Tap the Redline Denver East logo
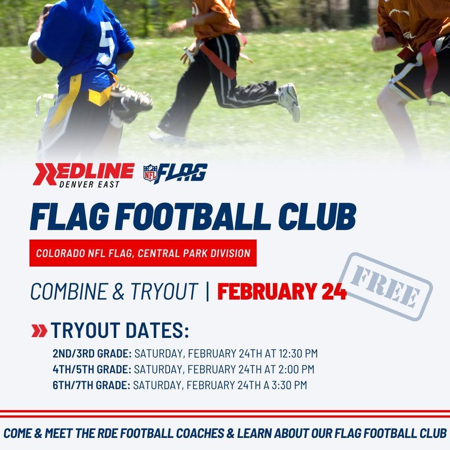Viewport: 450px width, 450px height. pos(83,174)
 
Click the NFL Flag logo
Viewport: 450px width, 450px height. pos(175,174)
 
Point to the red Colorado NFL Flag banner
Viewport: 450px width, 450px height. pos(143,253)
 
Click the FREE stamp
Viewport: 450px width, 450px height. pos(385,286)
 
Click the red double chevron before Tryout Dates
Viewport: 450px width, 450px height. pos(39,331)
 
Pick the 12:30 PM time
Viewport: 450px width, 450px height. pos(298,353)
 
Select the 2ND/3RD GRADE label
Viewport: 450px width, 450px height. pos(92,353)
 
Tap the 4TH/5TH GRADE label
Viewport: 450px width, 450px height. pos(92,369)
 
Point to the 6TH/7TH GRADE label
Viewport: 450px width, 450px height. pos(91,385)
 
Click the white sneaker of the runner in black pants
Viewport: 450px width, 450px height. pos(289,101)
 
